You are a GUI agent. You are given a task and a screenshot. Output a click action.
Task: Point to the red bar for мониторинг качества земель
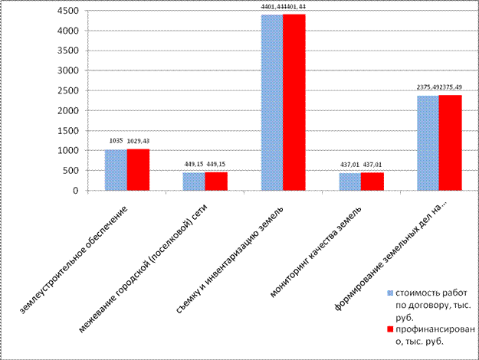(372, 182)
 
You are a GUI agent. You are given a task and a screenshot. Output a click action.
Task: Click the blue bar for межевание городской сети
(194, 182)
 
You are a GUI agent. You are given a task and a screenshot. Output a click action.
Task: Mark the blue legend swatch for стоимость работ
(390, 293)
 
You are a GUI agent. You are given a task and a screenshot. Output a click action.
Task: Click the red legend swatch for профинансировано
(390, 330)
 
